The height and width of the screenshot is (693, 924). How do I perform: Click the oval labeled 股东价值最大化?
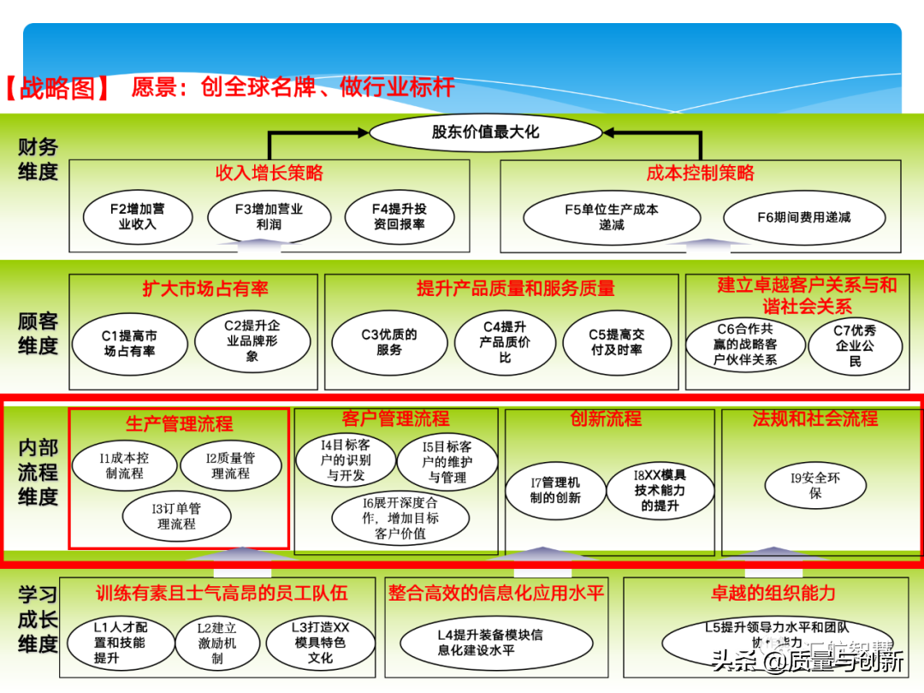(485, 133)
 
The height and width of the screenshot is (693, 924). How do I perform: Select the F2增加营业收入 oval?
(137, 216)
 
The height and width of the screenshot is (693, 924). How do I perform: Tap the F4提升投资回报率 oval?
(399, 216)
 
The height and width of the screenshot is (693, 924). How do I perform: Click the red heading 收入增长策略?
(269, 174)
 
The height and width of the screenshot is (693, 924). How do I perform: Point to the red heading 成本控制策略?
(700, 174)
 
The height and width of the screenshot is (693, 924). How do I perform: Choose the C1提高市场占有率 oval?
(129, 343)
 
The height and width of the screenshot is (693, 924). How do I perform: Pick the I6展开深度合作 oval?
(400, 518)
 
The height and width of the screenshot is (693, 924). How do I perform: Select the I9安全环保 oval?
(814, 485)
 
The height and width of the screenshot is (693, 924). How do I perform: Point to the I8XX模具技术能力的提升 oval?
(660, 490)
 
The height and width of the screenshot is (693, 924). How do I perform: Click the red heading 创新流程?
(606, 419)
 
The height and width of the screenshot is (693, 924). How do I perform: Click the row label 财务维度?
(38, 159)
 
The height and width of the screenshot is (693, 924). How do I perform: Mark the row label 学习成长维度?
(38, 619)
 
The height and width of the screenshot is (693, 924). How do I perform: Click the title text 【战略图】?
(58, 88)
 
